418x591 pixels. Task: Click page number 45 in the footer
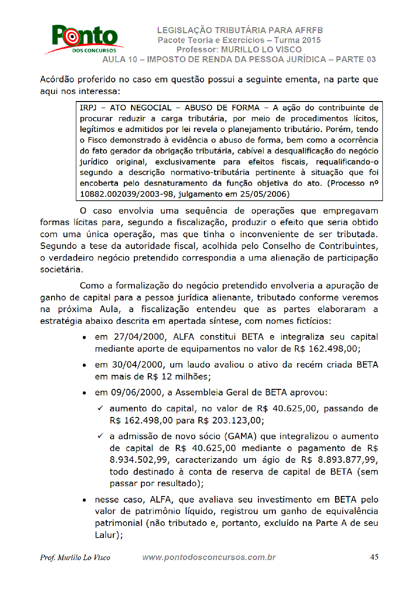tap(374, 557)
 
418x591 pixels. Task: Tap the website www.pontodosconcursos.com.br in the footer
tap(209, 557)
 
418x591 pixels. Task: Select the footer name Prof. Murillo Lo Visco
tap(75, 557)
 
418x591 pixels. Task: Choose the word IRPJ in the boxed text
tap(88, 108)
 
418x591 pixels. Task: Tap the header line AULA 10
tap(239, 59)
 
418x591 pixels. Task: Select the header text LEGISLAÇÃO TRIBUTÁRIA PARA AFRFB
tap(240, 31)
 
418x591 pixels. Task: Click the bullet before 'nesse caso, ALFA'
tap(83, 501)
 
